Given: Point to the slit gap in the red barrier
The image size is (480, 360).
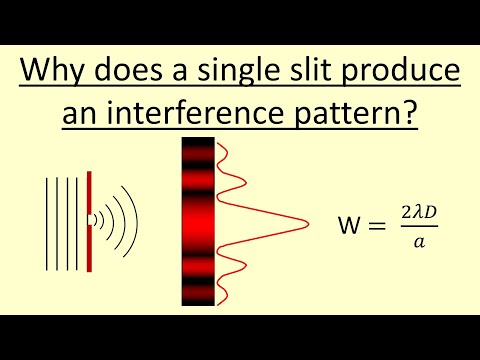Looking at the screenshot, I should click(x=89, y=216).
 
